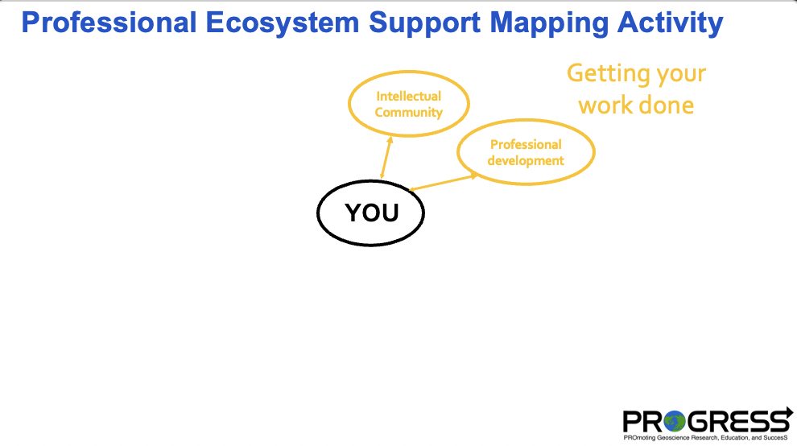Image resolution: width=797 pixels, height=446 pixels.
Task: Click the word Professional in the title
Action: [x=109, y=23]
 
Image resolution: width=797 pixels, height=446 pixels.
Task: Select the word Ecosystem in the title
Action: [x=282, y=23]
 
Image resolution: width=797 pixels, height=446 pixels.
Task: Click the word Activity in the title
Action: [x=670, y=23]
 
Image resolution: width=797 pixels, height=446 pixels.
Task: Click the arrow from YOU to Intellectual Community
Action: [x=386, y=157]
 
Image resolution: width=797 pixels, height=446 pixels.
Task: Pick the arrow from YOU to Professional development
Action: [x=444, y=182]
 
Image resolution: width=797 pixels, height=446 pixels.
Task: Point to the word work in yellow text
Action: [x=606, y=105]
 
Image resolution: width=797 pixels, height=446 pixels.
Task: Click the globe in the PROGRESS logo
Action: [x=674, y=421]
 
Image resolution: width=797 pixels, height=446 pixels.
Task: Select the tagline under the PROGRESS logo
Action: [x=705, y=437]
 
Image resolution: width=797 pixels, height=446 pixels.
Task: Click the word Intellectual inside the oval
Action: [x=409, y=96]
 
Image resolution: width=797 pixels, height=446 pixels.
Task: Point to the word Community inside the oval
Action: [x=409, y=113]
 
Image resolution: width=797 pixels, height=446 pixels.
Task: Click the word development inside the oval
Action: [x=526, y=161]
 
